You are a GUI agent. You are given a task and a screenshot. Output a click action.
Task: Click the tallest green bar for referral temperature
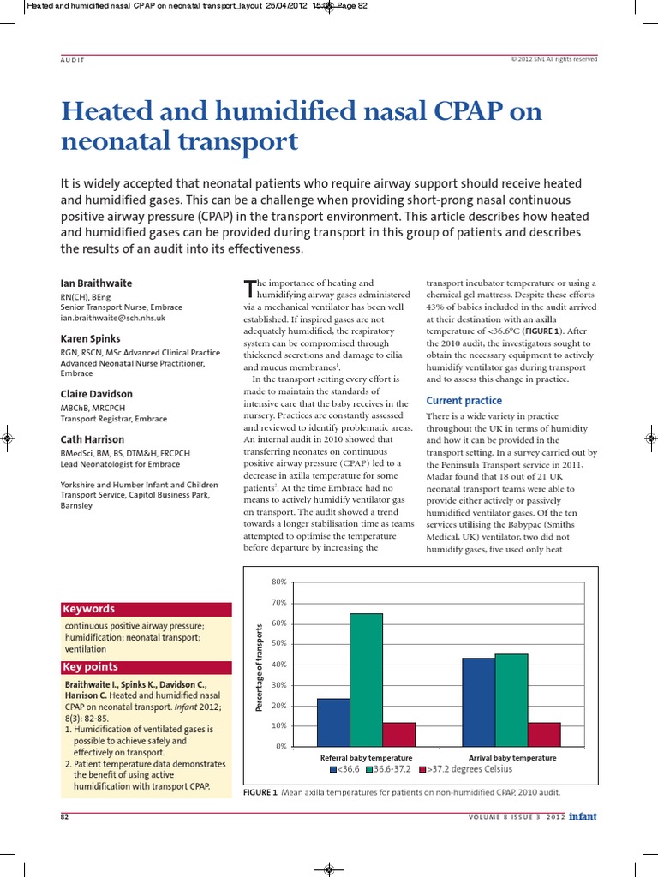[366, 679]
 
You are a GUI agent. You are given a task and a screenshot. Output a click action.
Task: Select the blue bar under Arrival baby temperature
[478, 701]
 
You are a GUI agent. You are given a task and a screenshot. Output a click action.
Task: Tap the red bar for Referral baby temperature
[398, 734]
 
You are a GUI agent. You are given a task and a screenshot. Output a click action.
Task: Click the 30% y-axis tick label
[279, 685]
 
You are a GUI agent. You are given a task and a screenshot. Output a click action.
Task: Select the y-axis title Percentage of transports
[259, 667]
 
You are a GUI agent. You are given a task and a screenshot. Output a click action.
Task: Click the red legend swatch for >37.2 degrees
[422, 769]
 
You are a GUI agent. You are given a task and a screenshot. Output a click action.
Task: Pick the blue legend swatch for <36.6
[333, 769]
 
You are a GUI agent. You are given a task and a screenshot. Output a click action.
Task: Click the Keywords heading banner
[146, 609]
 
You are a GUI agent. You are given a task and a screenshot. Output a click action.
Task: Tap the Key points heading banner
[146, 667]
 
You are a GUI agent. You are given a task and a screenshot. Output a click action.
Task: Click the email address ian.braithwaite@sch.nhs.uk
[113, 318]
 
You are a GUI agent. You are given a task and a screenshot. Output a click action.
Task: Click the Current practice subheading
[464, 401]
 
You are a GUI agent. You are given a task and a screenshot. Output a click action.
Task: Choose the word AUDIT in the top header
[73, 59]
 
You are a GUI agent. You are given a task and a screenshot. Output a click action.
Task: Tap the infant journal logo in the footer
[582, 816]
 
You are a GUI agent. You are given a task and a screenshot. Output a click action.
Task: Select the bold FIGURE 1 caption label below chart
[260, 792]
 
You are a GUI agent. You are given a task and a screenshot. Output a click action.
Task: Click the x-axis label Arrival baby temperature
[512, 758]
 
